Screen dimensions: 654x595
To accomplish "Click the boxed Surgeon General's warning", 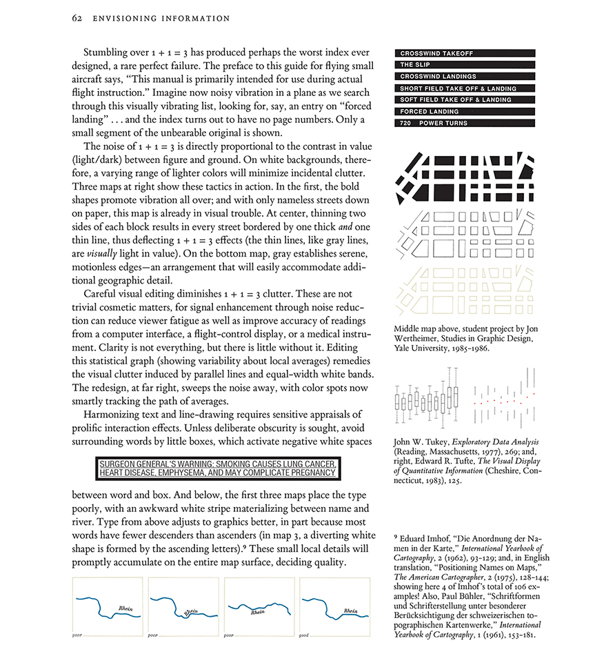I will pos(217,468).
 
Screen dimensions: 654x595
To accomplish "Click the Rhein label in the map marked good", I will pos(350,611).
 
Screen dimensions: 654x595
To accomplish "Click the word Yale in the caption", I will pos(402,348).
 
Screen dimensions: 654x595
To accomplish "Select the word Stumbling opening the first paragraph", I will pos(106,52).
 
